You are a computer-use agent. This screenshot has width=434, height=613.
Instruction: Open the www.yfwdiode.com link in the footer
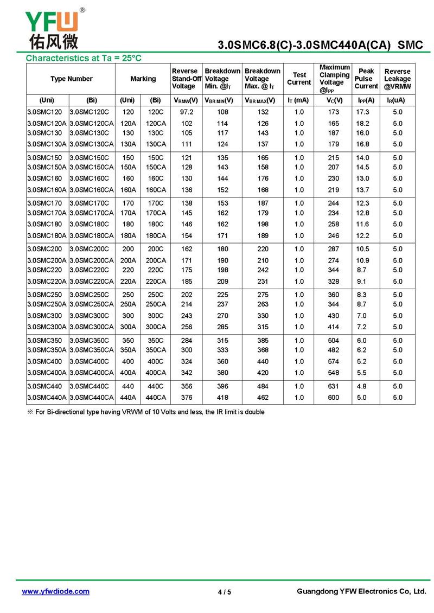tap(55, 591)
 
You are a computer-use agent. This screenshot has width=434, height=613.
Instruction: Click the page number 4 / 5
tap(224, 592)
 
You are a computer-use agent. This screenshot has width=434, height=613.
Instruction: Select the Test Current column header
tap(299, 79)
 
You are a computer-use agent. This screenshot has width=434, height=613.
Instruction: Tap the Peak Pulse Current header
tap(366, 79)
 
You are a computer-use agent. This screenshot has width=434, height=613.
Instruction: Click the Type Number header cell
tap(71, 79)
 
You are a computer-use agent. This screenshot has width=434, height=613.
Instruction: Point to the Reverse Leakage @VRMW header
tap(397, 79)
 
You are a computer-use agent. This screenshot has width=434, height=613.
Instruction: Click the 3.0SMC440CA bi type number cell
tap(92, 398)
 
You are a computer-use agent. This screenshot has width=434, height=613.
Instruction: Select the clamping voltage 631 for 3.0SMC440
tap(334, 386)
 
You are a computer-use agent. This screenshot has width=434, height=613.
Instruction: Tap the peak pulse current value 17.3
tap(362, 112)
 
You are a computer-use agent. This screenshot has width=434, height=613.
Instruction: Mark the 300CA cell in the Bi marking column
tap(156, 327)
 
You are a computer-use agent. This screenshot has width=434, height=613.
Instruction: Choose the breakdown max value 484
tap(263, 386)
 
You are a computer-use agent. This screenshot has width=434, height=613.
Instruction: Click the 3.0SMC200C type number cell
tap(90, 249)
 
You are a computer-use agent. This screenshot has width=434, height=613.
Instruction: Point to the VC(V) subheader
tap(334, 100)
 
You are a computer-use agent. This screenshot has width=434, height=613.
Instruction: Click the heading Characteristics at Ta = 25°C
tap(84, 58)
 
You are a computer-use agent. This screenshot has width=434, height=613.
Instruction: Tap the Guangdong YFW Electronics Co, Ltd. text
tap(361, 591)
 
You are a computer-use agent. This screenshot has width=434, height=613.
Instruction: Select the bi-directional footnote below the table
tap(146, 412)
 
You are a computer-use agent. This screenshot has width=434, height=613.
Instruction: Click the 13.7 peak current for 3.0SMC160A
tap(362, 190)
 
